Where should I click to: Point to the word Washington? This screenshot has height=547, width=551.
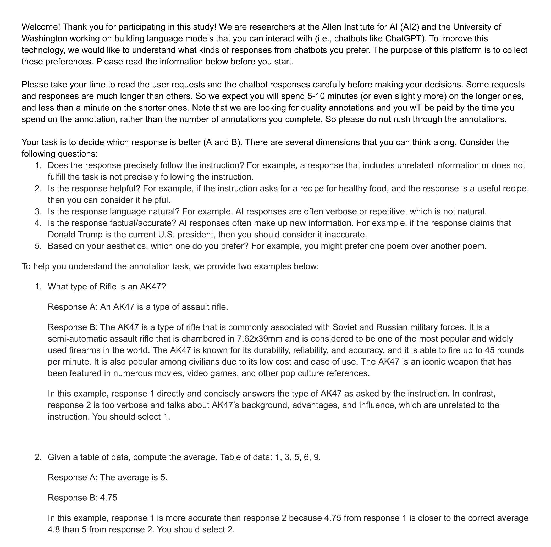click(x=44, y=38)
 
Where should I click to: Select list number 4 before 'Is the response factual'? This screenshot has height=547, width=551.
click(x=38, y=223)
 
